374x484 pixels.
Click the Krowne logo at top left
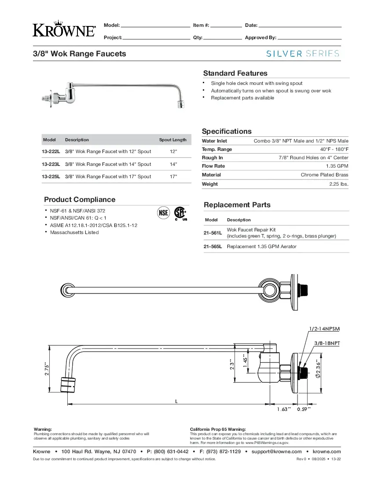pyautogui.click(x=64, y=29)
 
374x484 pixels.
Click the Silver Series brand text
pyautogui.click(x=303, y=54)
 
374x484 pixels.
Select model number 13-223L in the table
pyautogui.click(x=51, y=164)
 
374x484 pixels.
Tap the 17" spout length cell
pyautogui.click(x=173, y=176)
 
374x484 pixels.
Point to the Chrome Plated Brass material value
pyautogui.click(x=324, y=175)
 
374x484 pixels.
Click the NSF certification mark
pyautogui.click(x=164, y=213)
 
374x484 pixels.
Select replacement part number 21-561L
pyautogui.click(x=213, y=233)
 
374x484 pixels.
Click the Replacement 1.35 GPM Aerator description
pyautogui.click(x=261, y=246)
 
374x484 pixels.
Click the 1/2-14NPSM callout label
pyautogui.click(x=324, y=329)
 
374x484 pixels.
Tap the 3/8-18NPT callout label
pyautogui.click(x=327, y=342)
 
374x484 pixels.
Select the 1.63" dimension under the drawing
pyautogui.click(x=284, y=409)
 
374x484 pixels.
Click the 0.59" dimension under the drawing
pyautogui.click(x=304, y=409)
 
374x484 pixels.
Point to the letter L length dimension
pyautogui.click(x=176, y=401)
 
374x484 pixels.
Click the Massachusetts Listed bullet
pyautogui.click(x=74, y=232)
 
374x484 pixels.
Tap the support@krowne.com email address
pyautogui.click(x=276, y=451)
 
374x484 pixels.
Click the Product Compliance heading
pyautogui.click(x=80, y=199)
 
